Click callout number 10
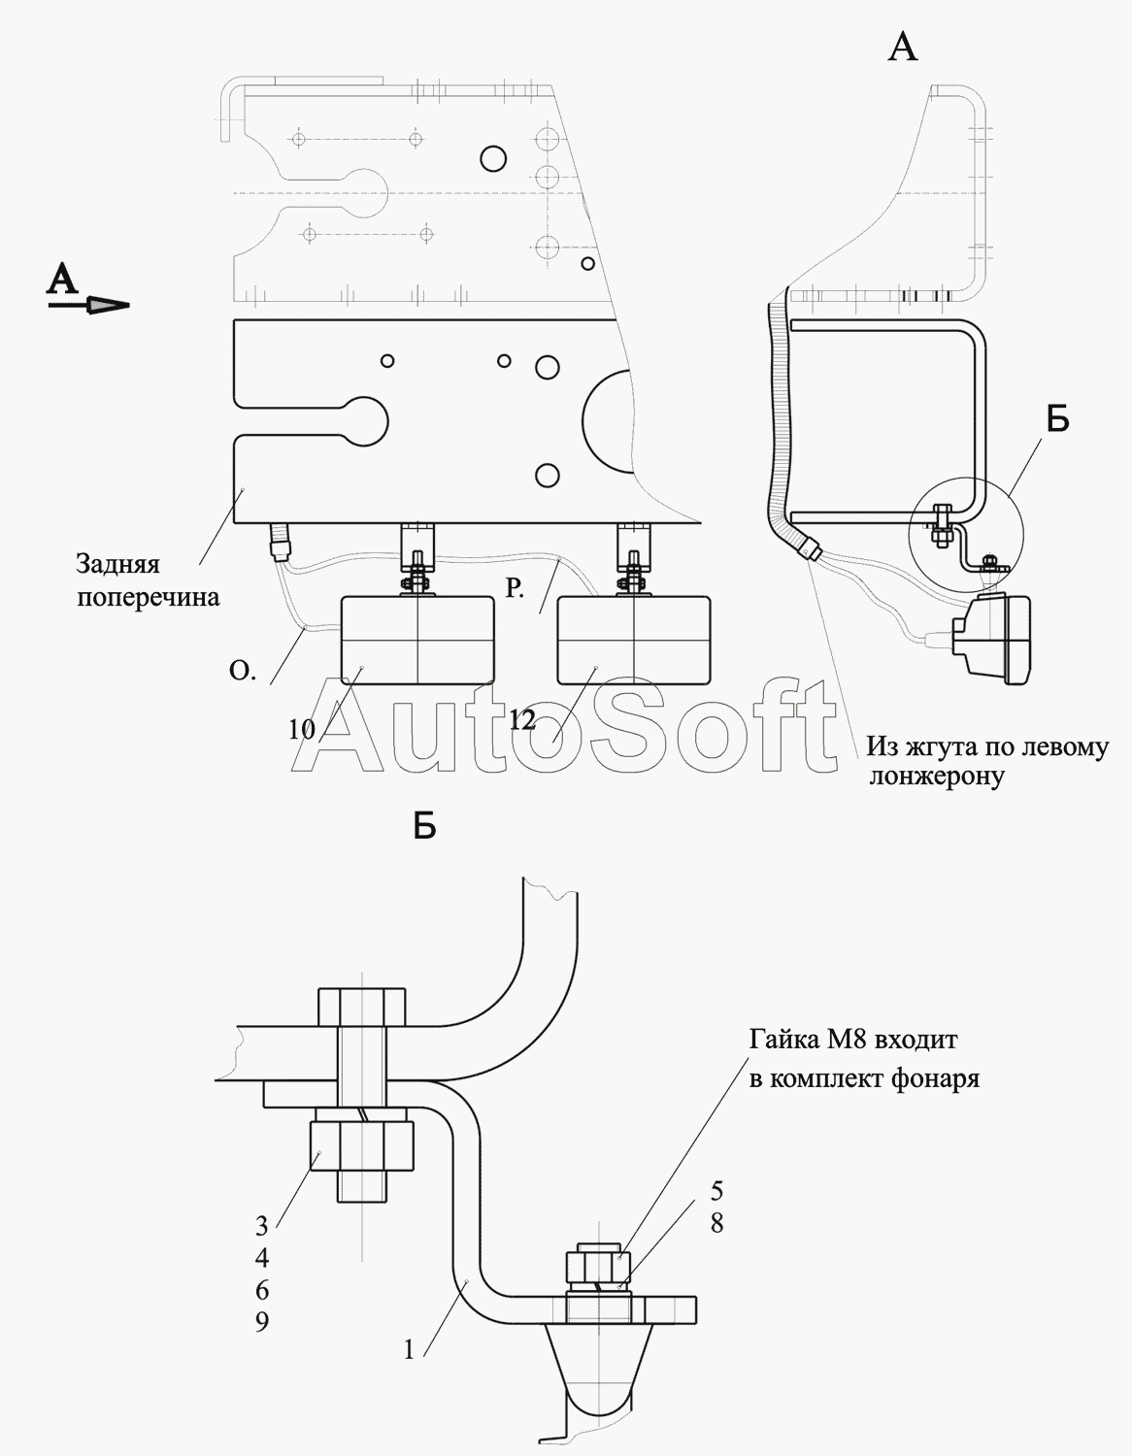pyautogui.click(x=301, y=730)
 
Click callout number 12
pyautogui.click(x=521, y=720)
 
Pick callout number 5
pyautogui.click(x=716, y=1191)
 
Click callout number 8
pyautogui.click(x=716, y=1223)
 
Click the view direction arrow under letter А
pyautogui.click(x=88, y=306)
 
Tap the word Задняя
pyautogui.click(x=117, y=565)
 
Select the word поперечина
pyautogui.click(x=148, y=597)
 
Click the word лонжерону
pyautogui.click(x=937, y=777)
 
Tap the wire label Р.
pyautogui.click(x=515, y=588)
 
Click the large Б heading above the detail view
pyautogui.click(x=424, y=827)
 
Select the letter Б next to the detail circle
pyautogui.click(x=1057, y=420)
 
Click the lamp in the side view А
pyautogui.click(x=992, y=640)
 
